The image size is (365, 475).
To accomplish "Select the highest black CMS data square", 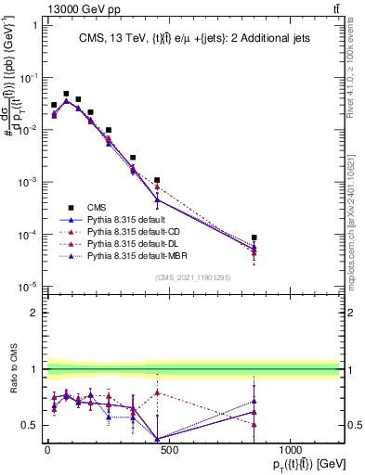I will [66, 94].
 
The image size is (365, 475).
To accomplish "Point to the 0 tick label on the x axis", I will [47, 448].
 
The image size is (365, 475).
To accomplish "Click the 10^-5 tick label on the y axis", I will [30, 287].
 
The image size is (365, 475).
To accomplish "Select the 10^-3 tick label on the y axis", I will [30, 182].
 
